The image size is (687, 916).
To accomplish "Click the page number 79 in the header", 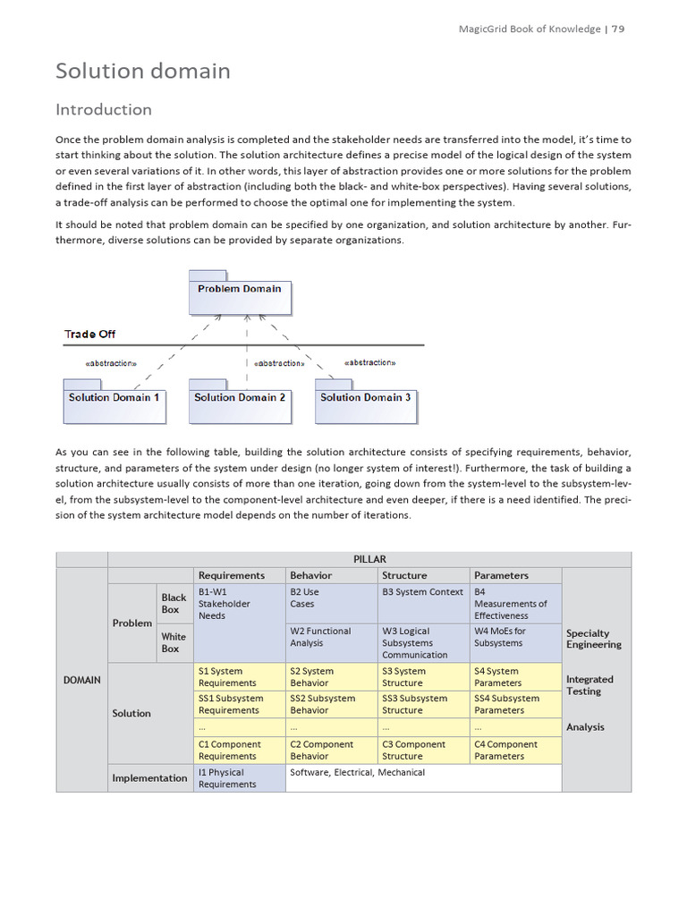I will tap(618, 29).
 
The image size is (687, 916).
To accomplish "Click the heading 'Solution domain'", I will tap(143, 71).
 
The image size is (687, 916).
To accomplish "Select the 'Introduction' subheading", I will tap(104, 110).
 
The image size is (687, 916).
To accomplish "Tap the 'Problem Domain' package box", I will tap(240, 293).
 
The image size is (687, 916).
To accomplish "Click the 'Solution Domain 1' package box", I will tap(114, 402).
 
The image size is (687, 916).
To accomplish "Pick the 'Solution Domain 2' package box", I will tap(240, 402).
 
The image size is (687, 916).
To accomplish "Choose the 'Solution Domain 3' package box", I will tap(365, 402).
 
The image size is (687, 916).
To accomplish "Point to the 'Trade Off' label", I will tap(89, 335).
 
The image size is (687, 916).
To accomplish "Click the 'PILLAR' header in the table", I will tap(369, 559).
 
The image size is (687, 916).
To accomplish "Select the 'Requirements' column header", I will tap(232, 575).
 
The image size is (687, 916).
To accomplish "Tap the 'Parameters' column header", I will tap(501, 575).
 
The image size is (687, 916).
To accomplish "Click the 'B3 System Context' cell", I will tap(423, 592).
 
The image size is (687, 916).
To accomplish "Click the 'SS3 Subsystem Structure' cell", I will tap(423, 704).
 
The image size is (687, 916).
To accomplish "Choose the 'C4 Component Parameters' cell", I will tap(515, 750).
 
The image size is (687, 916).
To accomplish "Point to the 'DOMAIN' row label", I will tap(82, 680).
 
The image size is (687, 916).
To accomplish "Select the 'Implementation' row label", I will tap(149, 778).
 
